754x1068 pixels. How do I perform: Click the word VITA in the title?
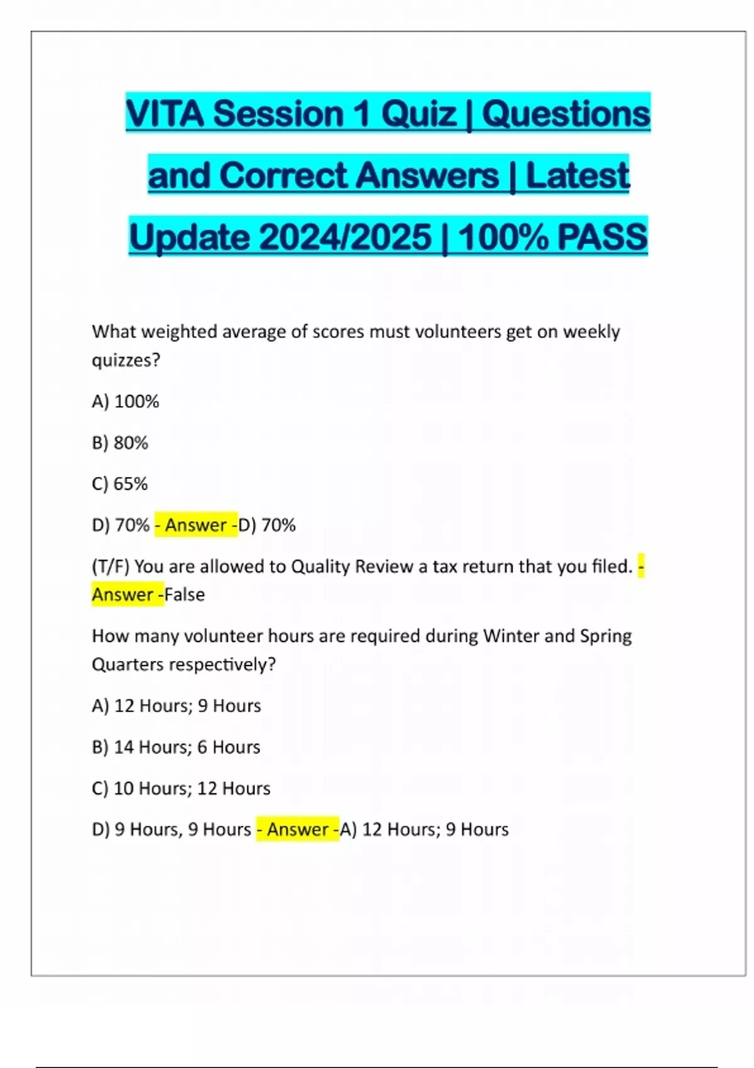click(x=165, y=114)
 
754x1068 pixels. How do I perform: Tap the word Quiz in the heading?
click(x=418, y=114)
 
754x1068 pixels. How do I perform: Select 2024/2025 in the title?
click(x=344, y=237)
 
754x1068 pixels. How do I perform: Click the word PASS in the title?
click(x=602, y=237)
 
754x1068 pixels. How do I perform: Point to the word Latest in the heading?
click(x=577, y=175)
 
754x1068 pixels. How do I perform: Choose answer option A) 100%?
click(x=126, y=401)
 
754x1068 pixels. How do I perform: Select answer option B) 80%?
click(x=120, y=443)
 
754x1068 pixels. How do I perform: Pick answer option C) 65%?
click(x=120, y=484)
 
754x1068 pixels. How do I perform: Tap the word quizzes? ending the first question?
click(x=126, y=361)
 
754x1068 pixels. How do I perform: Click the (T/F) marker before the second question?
click(x=111, y=567)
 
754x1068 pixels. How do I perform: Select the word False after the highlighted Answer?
click(x=185, y=595)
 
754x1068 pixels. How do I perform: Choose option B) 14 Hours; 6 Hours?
click(x=176, y=747)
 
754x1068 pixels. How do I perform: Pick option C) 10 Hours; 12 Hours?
click(x=181, y=788)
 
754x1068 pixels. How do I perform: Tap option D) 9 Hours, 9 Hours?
click(x=172, y=829)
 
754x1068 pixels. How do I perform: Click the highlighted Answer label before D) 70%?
click(x=196, y=525)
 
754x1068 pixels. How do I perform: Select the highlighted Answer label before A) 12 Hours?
click(x=298, y=829)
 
